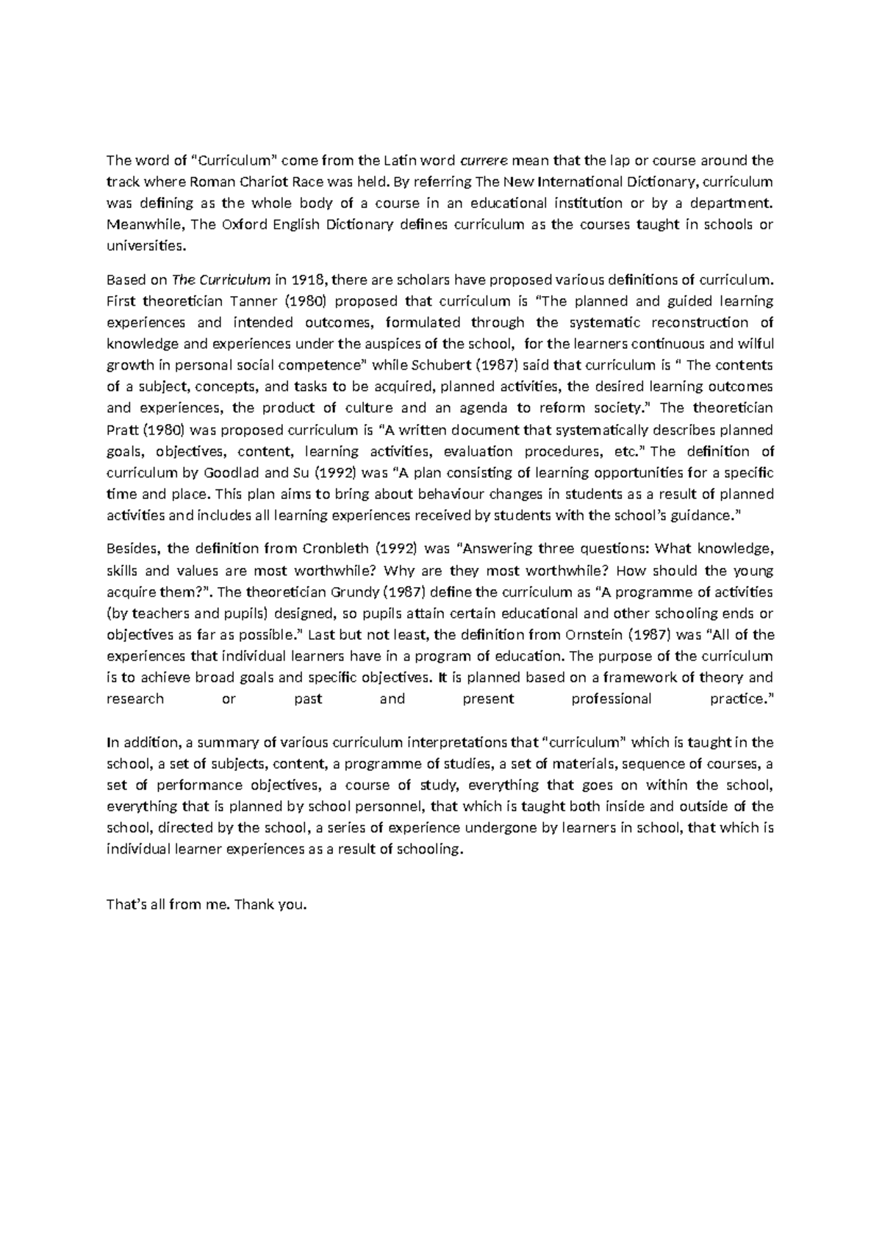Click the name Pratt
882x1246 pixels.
(x=121, y=430)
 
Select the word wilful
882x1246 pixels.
(x=755, y=344)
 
